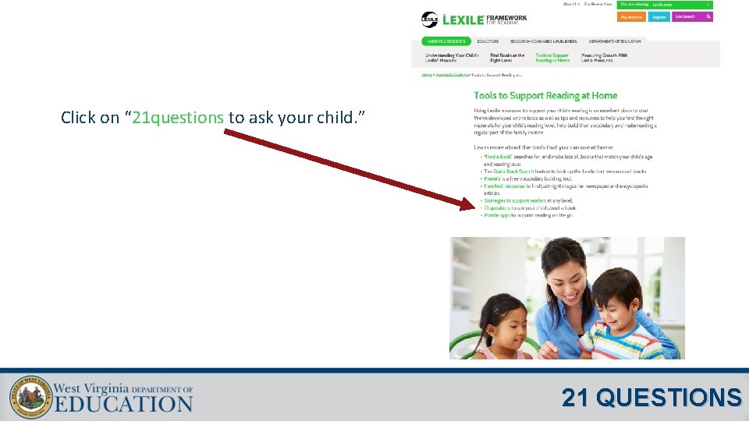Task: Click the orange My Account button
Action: point(631,16)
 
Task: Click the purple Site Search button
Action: point(692,16)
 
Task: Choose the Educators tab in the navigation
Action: point(488,41)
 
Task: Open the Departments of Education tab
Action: point(615,41)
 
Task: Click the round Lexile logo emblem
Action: point(429,19)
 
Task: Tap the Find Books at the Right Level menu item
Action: point(507,58)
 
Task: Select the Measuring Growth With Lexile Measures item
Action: point(604,58)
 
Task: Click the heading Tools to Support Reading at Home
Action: point(545,95)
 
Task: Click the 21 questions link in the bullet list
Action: point(497,208)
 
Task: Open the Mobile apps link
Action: point(496,215)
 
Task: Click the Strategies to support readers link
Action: point(516,200)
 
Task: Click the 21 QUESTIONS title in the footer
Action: point(651,398)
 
